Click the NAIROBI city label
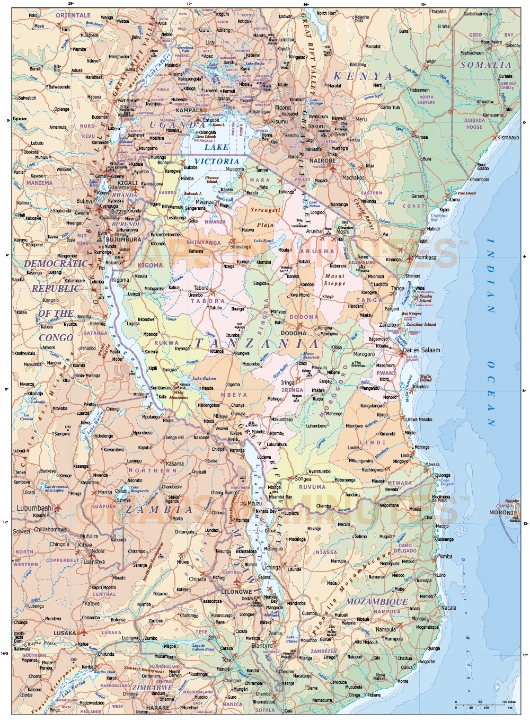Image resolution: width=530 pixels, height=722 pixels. coord(322,161)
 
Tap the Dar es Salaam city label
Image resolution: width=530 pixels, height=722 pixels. coord(421,350)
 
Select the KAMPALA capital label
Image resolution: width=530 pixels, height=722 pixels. coord(189,111)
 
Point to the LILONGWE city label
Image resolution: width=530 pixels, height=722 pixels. coord(236,592)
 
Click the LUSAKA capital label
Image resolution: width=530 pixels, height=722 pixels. coord(65,633)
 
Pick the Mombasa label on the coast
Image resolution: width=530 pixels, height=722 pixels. coord(425,257)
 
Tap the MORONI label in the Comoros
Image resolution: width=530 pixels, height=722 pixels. coord(501,513)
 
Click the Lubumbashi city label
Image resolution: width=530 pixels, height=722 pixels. coord(35,508)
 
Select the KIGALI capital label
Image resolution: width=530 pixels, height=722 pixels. coord(127,183)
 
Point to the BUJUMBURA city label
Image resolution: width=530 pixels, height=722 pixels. coord(123,239)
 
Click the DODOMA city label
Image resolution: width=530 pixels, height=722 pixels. coord(293,334)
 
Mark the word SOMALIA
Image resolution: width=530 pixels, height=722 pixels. coord(485,65)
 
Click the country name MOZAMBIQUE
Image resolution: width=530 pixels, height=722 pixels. coord(377,602)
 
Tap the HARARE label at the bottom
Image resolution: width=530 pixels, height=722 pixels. coord(157,708)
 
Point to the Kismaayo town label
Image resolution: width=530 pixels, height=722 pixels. coord(508,138)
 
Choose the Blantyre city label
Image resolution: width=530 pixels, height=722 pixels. coord(262,646)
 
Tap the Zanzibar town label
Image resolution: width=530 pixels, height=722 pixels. coord(388,325)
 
